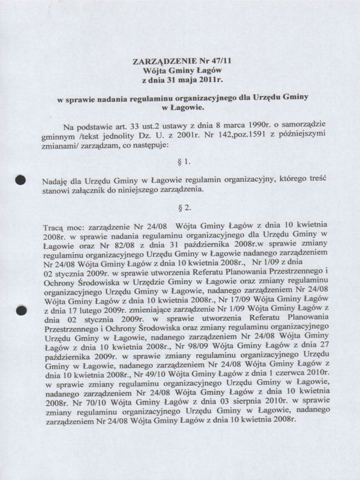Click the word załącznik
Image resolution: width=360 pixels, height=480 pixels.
coord(90,191)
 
